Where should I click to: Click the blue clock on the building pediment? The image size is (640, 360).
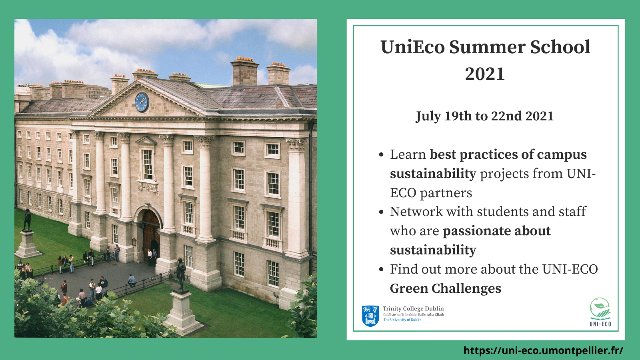tap(142, 102)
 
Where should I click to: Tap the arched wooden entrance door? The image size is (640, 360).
tap(150, 235)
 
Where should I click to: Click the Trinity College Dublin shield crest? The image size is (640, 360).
tap(370, 316)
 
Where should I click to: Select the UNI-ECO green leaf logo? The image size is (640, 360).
tap(600, 312)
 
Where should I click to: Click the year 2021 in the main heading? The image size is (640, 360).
tap(485, 74)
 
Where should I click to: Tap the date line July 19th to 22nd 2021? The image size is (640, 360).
tap(484, 116)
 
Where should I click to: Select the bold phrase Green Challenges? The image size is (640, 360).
tap(446, 288)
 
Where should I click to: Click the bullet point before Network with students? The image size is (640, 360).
tap(381, 212)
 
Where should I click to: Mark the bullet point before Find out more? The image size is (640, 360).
tap(381, 270)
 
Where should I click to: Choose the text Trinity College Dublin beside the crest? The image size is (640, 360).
tap(413, 308)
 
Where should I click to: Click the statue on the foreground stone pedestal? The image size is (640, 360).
tap(180, 274)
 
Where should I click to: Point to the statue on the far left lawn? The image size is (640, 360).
tap(27, 220)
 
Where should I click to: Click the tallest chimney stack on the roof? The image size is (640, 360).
tap(244, 72)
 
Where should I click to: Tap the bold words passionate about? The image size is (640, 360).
tap(496, 231)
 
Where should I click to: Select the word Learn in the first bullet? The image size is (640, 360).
tap(408, 154)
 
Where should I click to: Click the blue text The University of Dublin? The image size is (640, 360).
tap(402, 320)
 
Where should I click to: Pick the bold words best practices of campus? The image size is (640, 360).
tap(508, 154)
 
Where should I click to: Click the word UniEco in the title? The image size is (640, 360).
tap(412, 47)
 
